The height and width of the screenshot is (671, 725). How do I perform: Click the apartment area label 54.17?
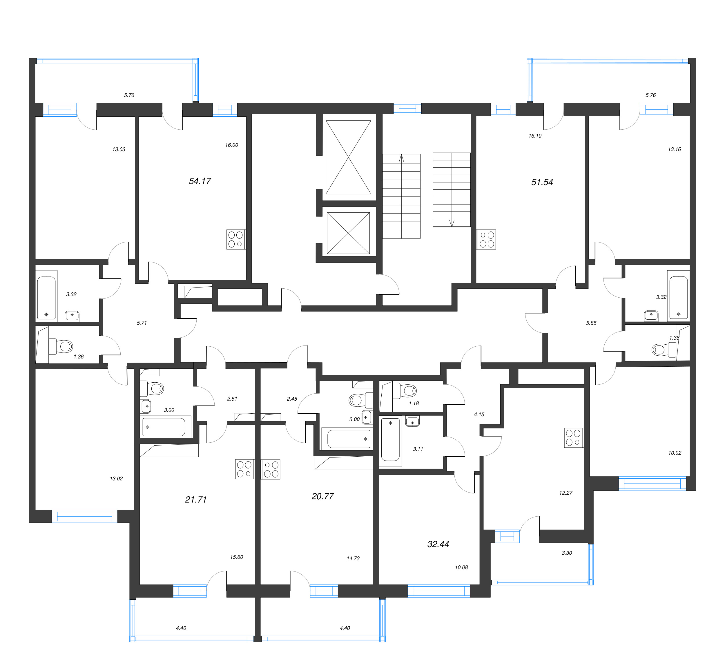click(x=200, y=181)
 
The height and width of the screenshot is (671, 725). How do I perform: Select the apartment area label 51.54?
click(x=542, y=182)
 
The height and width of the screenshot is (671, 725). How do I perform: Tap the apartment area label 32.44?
click(x=438, y=544)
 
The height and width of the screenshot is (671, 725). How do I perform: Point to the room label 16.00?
click(x=232, y=145)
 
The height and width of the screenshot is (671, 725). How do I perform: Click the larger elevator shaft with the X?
click(x=348, y=157)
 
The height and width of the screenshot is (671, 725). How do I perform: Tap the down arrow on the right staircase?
click(x=452, y=223)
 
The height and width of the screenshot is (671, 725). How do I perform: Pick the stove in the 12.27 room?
click(x=574, y=437)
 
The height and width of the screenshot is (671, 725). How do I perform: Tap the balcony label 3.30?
click(x=566, y=553)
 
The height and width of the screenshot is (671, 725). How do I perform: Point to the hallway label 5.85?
click(x=591, y=323)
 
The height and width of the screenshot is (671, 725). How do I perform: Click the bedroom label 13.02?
click(x=116, y=479)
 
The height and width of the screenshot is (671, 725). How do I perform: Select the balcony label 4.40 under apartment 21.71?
click(x=181, y=628)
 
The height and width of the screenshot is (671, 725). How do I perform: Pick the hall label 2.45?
click(x=292, y=399)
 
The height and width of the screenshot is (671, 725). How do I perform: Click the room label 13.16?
click(x=674, y=149)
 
